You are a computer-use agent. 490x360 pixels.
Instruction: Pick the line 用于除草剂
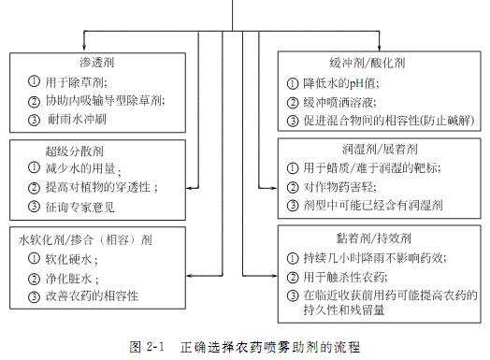71,80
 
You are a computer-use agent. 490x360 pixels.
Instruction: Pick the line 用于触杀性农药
351,278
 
